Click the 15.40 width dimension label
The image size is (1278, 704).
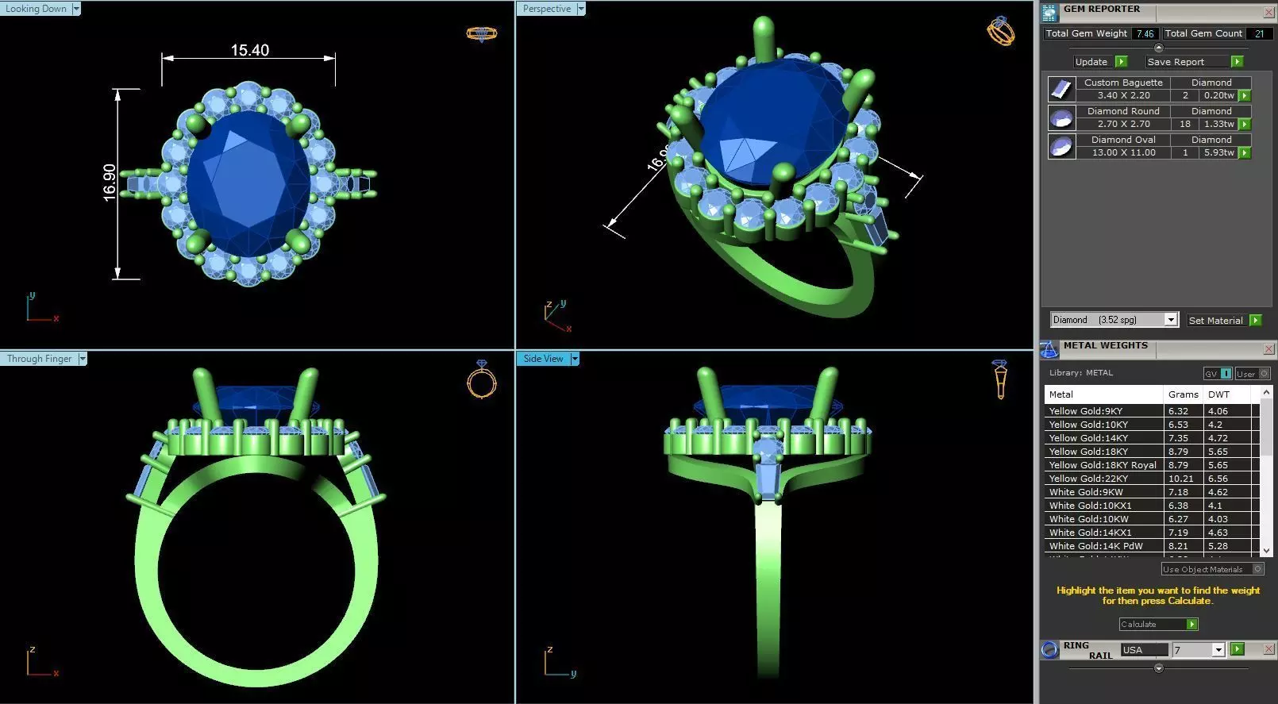click(x=249, y=50)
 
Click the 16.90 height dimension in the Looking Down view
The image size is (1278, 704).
click(x=110, y=183)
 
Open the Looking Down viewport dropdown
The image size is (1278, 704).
click(x=76, y=9)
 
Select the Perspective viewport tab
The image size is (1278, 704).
click(x=547, y=9)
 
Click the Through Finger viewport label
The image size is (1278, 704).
click(x=39, y=359)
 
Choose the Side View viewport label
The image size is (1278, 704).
click(x=543, y=359)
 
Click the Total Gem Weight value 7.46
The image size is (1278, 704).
click(x=1144, y=33)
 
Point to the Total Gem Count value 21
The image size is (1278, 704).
click(x=1259, y=33)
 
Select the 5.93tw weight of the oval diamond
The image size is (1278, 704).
click(x=1218, y=152)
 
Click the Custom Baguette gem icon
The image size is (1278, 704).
click(x=1061, y=89)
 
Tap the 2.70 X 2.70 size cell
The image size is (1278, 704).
click(x=1123, y=124)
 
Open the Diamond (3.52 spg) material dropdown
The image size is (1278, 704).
click(x=1170, y=320)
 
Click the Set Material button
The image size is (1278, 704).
click(x=1215, y=321)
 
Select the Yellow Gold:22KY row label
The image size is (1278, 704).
click(x=1088, y=479)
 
